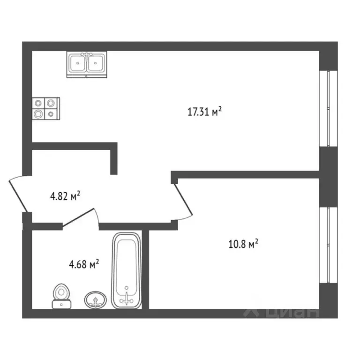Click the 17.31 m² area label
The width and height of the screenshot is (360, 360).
pyautogui.click(x=204, y=112)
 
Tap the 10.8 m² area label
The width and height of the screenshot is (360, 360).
pyautogui.click(x=243, y=244)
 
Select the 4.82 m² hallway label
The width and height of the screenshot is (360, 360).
pyautogui.click(x=65, y=196)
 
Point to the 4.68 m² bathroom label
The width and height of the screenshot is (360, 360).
pyautogui.click(x=84, y=264)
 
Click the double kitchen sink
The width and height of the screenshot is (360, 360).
pyautogui.click(x=87, y=64)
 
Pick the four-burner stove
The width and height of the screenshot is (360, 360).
pyautogui.click(x=46, y=109)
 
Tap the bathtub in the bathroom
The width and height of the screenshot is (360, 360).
pyautogui.click(x=127, y=270)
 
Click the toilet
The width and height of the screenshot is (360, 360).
pyautogui.click(x=61, y=296)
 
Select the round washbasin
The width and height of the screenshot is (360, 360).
pyautogui.click(x=95, y=300)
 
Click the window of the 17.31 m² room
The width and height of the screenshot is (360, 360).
pyautogui.click(x=329, y=108)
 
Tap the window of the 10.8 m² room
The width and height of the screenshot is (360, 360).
pyautogui.click(x=329, y=245)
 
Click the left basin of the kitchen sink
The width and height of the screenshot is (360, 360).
pyautogui.click(x=78, y=63)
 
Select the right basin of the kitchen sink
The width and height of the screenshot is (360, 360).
pyautogui.click(x=96, y=63)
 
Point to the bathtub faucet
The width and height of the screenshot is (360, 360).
pyautogui.click(x=127, y=298)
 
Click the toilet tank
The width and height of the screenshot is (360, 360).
pyautogui.click(x=61, y=304)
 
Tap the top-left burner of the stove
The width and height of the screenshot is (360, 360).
pyautogui.click(x=38, y=103)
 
